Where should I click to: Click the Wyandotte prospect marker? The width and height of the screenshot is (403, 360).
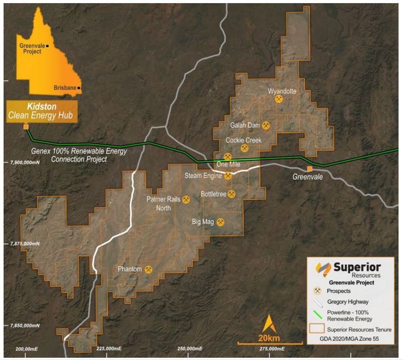[x=279, y=99]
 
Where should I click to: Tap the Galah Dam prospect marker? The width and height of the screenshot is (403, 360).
[x=266, y=126]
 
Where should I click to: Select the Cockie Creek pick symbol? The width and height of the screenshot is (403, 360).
[x=245, y=148]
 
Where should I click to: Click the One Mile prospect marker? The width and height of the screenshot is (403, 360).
[x=228, y=157]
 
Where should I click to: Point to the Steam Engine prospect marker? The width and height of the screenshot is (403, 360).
[x=228, y=176]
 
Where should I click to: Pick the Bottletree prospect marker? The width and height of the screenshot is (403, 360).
[x=232, y=194]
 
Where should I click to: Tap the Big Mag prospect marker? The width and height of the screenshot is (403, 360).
[x=220, y=222]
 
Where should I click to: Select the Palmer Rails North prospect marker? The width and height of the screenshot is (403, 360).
[x=187, y=200]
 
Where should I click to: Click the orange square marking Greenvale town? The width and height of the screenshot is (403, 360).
[x=309, y=168]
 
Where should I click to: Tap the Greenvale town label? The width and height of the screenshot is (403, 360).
[x=307, y=177]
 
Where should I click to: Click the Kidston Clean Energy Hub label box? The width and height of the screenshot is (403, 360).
[x=42, y=112]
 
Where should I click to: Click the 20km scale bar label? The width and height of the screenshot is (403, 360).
[x=269, y=337]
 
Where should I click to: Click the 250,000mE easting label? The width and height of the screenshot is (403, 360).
[x=187, y=348]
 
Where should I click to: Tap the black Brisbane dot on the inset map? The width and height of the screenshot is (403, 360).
[x=79, y=88]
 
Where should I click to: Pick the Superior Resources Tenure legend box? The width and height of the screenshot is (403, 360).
[x=316, y=329]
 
